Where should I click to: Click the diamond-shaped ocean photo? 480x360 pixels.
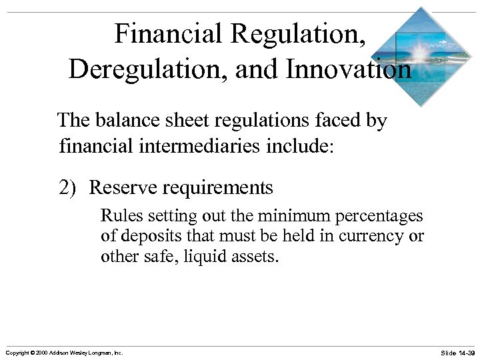click(421, 57)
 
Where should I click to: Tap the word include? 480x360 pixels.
click(301, 144)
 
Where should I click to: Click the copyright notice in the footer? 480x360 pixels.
click(64, 352)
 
